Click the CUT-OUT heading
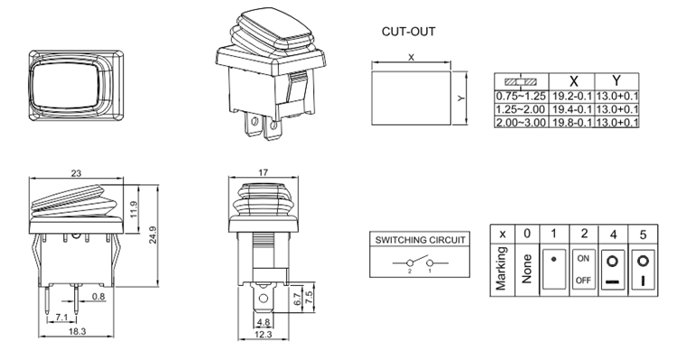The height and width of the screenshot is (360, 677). coord(408,32)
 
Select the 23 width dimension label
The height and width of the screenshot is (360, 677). coord(76,173)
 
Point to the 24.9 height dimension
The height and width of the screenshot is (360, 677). coord(153,235)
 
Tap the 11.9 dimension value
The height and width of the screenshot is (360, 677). coord(134,209)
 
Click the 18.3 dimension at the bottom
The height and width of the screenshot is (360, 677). coord(78,331)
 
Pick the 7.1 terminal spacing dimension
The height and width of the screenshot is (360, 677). coord(61,318)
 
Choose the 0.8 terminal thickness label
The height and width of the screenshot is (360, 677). coord(98,296)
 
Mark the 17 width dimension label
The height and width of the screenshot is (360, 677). coord(263,172)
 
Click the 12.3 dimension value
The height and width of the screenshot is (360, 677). coord(263,334)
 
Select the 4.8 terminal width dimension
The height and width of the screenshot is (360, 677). coord(263,322)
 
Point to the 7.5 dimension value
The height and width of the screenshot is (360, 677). coord(309,298)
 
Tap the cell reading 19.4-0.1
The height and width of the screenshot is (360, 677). coord(572,109)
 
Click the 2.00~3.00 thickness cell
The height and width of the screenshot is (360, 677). coord(521,122)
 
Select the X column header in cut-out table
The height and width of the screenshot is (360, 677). coord(573,81)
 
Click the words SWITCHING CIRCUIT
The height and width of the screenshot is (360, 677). coord(420,240)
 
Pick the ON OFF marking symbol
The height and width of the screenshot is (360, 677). coord(583,270)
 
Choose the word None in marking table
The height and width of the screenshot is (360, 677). coord(526,269)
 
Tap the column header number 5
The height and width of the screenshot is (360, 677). coord(643,235)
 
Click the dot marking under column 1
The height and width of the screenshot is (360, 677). coord(554,260)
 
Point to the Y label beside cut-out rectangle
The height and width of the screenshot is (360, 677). coord(461,98)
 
